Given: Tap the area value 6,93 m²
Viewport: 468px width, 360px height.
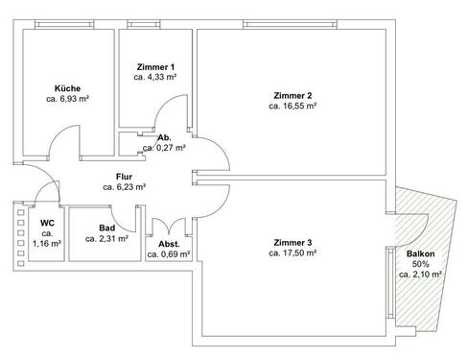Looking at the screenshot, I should click(x=67, y=98).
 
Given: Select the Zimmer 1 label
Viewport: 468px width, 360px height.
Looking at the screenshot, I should click(x=155, y=65).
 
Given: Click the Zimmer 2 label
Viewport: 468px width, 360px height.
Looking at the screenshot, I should click(x=292, y=95).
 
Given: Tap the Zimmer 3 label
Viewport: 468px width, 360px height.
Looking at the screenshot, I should click(x=292, y=242).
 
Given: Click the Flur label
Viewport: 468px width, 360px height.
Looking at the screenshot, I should click(x=125, y=177).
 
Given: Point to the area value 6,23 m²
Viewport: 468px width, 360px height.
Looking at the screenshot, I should click(x=126, y=188).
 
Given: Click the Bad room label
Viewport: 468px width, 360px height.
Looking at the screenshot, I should click(x=106, y=229).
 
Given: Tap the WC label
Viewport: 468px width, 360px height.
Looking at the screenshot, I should click(x=47, y=223).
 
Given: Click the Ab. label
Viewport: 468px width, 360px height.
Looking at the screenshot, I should click(x=165, y=137).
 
